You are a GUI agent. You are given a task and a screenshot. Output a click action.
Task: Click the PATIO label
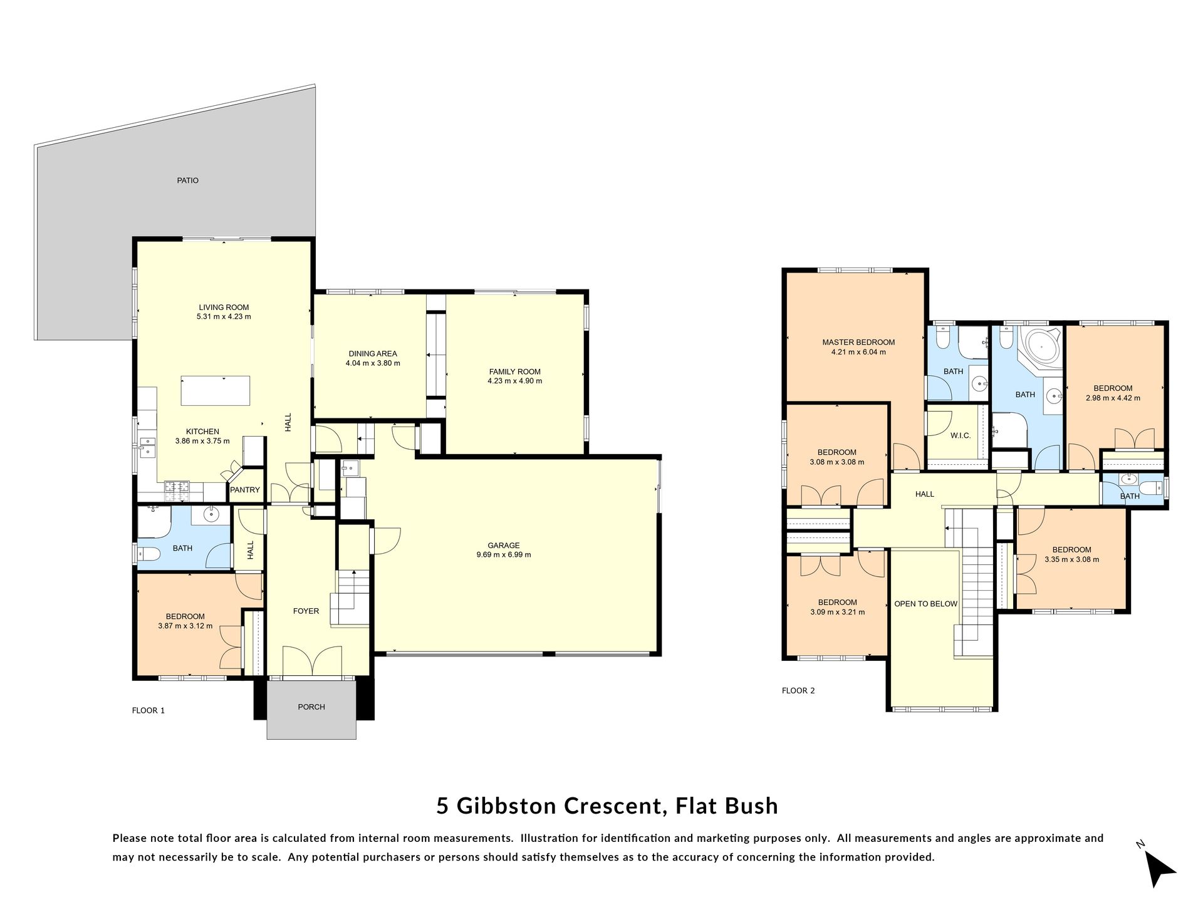click(x=187, y=180)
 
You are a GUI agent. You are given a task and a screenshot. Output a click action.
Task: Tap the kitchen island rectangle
click(x=216, y=391)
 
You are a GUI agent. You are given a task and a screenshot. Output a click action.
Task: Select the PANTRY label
click(x=245, y=490)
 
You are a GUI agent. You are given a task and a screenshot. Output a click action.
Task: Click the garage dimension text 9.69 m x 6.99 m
click(x=504, y=554)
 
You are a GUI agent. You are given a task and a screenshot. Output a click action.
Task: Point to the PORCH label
click(x=311, y=707)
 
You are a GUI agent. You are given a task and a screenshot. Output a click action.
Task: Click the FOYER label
click(x=306, y=611)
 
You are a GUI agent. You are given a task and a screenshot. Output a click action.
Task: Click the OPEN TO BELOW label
click(x=926, y=604)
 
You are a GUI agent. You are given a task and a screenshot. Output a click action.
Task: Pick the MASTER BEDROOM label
click(x=858, y=343)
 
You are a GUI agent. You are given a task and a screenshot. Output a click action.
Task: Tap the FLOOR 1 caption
click(x=148, y=710)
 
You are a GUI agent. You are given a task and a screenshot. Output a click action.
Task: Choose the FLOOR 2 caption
click(x=798, y=691)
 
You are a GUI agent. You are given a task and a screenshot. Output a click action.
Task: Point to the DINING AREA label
click(x=373, y=354)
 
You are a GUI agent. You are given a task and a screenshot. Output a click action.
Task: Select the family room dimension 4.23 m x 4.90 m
click(x=515, y=381)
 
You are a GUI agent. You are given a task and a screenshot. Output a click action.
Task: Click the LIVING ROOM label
click(x=224, y=308)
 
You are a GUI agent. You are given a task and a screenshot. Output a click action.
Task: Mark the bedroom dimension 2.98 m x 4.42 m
click(x=1113, y=398)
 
